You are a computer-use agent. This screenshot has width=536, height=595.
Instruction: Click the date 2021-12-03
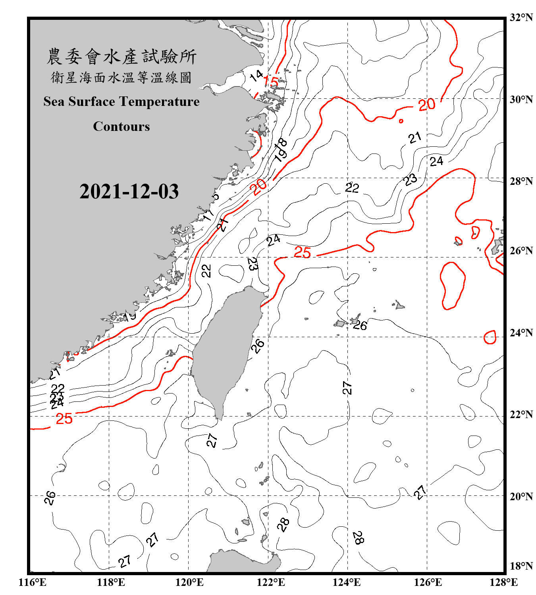coord(129,192)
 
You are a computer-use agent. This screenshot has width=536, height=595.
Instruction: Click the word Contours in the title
coord(121,127)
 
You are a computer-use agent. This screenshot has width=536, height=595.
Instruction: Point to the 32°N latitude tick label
coord(521,17)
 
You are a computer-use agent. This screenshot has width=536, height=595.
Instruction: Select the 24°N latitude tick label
coord(521,332)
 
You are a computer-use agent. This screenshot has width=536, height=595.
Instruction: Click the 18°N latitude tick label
coord(521,566)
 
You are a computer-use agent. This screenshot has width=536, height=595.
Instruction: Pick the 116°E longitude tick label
coord(33,582)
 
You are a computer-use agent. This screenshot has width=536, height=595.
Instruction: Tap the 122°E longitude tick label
coord(271,582)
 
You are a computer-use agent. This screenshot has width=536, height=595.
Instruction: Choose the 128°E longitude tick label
coord(503,582)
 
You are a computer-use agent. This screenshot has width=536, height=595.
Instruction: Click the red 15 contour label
coord(271,82)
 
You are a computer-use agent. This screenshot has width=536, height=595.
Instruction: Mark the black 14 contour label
coord(256,75)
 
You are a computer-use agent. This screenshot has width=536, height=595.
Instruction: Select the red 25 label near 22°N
coord(64,419)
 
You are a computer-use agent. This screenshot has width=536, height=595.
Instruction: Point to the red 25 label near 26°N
coord(302,252)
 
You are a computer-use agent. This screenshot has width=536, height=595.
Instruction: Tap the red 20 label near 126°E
coord(427,105)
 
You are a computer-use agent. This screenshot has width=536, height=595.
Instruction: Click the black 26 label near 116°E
coord(50,497)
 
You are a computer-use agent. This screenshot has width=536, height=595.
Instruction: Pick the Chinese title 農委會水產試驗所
coord(121,57)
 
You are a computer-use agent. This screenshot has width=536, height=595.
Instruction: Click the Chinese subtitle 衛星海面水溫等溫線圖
coord(121,77)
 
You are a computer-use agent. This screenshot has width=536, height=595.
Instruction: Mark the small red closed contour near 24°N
coord(490,337)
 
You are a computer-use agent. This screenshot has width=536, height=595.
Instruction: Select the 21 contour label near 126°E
coord(415,138)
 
